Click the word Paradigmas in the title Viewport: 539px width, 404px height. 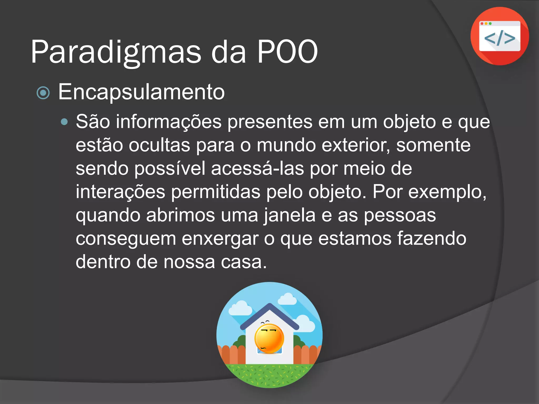tap(116, 52)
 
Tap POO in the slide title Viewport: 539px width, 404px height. tap(287, 52)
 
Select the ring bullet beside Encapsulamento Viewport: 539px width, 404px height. tap(43, 93)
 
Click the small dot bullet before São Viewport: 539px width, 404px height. tap(64, 122)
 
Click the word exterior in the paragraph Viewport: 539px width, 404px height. tap(356, 145)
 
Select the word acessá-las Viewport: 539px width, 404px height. tap(257, 169)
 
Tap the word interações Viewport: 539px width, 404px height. tap(121, 192)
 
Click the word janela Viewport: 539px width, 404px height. tap(290, 215)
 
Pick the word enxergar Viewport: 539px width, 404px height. tap(220, 239)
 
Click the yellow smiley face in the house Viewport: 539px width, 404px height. tap(269, 339)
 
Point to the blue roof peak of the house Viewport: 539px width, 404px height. tap(269, 306)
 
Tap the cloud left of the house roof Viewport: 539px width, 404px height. tap(240, 309)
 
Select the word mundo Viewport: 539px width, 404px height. tap(286, 145)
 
